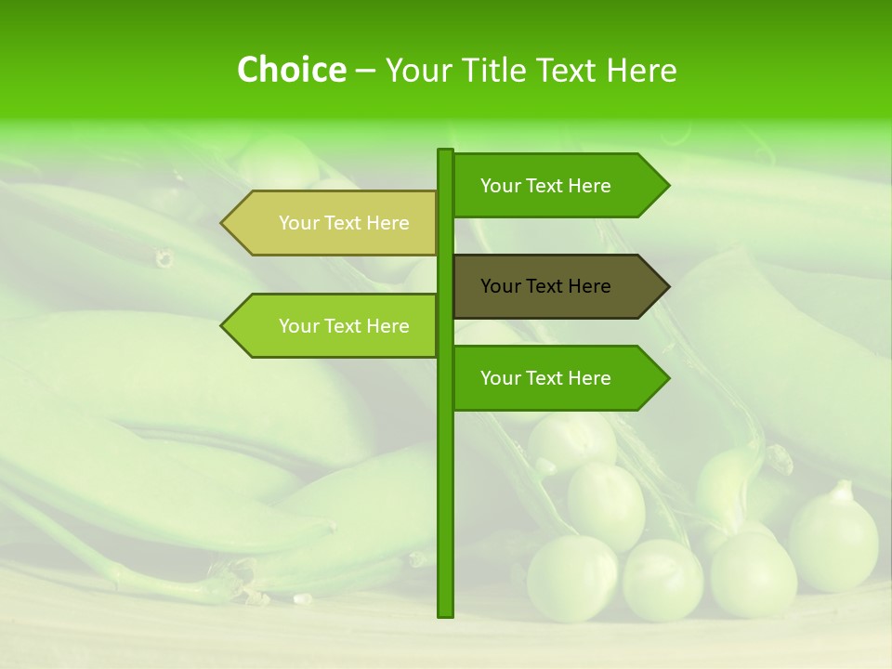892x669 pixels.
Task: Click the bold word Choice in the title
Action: click(x=291, y=71)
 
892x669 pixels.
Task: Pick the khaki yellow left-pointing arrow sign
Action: click(x=334, y=223)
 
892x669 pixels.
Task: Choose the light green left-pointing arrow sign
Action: click(x=334, y=326)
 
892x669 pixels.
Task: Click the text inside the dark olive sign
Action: click(x=545, y=286)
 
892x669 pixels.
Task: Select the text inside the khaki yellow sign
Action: click(x=344, y=223)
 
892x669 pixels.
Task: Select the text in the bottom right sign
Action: click(x=545, y=378)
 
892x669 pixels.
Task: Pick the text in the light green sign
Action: click(x=344, y=326)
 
